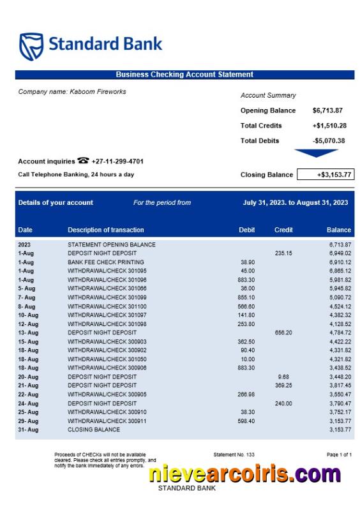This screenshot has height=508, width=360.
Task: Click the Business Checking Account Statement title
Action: (x=184, y=75)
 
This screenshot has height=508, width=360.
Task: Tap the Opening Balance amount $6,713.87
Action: (x=327, y=110)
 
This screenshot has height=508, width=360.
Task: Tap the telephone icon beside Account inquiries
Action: (x=83, y=161)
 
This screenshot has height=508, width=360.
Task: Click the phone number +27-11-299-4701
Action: (x=117, y=161)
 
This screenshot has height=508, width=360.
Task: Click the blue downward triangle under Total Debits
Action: (x=316, y=153)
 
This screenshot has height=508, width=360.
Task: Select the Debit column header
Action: (x=246, y=230)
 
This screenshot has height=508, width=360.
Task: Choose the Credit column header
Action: (x=283, y=230)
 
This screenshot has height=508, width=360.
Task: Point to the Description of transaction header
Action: (x=106, y=230)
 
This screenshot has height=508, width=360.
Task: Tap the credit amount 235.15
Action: (x=283, y=253)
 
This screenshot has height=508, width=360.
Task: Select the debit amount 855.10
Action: (x=246, y=297)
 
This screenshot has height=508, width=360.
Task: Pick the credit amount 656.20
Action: (x=283, y=332)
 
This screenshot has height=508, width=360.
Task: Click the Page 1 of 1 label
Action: (x=339, y=454)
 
